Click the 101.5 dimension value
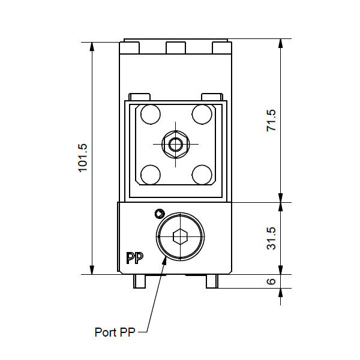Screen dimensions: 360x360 click(83, 158)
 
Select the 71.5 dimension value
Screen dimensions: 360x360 click(271, 121)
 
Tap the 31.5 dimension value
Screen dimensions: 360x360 click(271, 238)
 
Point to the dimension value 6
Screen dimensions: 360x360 click(271, 281)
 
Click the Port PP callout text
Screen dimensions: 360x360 click(115, 332)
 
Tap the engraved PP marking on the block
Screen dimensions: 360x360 click(135, 258)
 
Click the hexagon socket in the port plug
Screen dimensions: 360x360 click(180, 236)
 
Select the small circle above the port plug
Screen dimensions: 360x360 click(160, 214)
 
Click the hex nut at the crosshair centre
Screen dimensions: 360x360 click(176, 145)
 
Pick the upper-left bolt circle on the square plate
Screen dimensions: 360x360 click(151, 115)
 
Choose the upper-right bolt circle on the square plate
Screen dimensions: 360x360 click(202, 115)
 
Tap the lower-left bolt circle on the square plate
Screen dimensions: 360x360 click(151, 175)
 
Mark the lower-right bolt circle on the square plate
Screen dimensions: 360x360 click(202, 175)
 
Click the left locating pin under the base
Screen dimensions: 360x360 click(139, 281)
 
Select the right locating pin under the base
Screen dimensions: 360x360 click(212, 281)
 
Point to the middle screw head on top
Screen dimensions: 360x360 click(176, 48)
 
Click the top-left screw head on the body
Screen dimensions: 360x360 click(130, 48)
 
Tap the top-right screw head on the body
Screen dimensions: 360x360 click(221, 48)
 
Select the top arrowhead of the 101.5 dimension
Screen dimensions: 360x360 click(92, 47)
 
